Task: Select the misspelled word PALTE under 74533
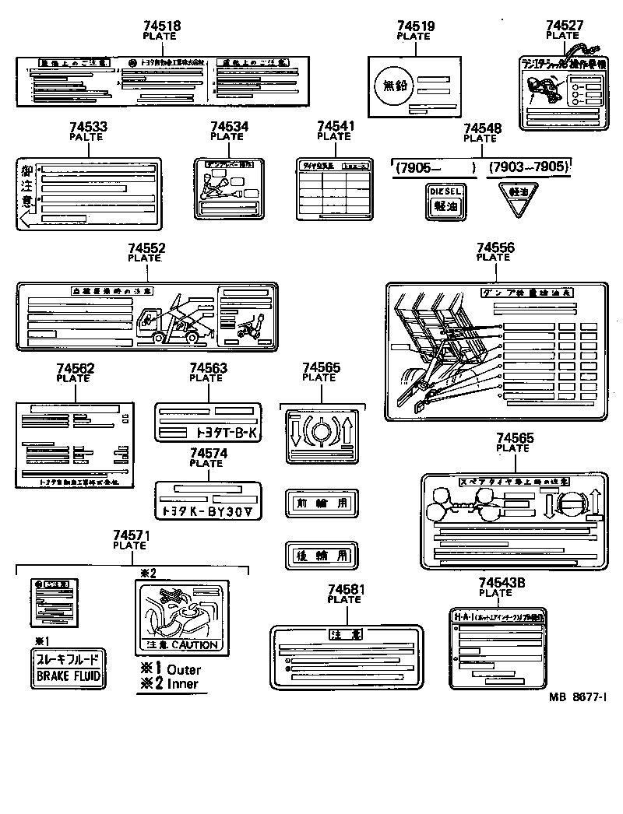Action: coord(87,136)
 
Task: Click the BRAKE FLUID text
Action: coord(69,675)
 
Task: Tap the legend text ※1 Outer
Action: coord(171,669)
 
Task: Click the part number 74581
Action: coord(344,590)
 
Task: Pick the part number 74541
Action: coord(334,126)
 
